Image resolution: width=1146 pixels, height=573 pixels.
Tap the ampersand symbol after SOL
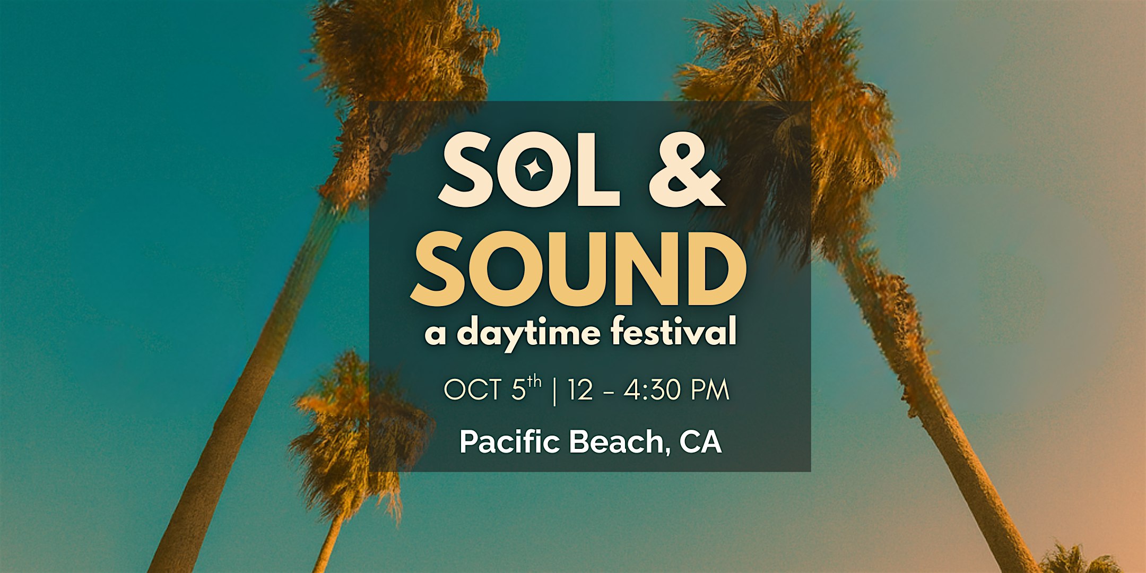coord(687,170)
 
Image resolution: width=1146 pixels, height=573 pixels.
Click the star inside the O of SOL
coord(532,170)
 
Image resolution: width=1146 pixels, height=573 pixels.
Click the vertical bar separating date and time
coord(555,390)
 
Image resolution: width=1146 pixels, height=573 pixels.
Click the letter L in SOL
coord(597,170)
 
